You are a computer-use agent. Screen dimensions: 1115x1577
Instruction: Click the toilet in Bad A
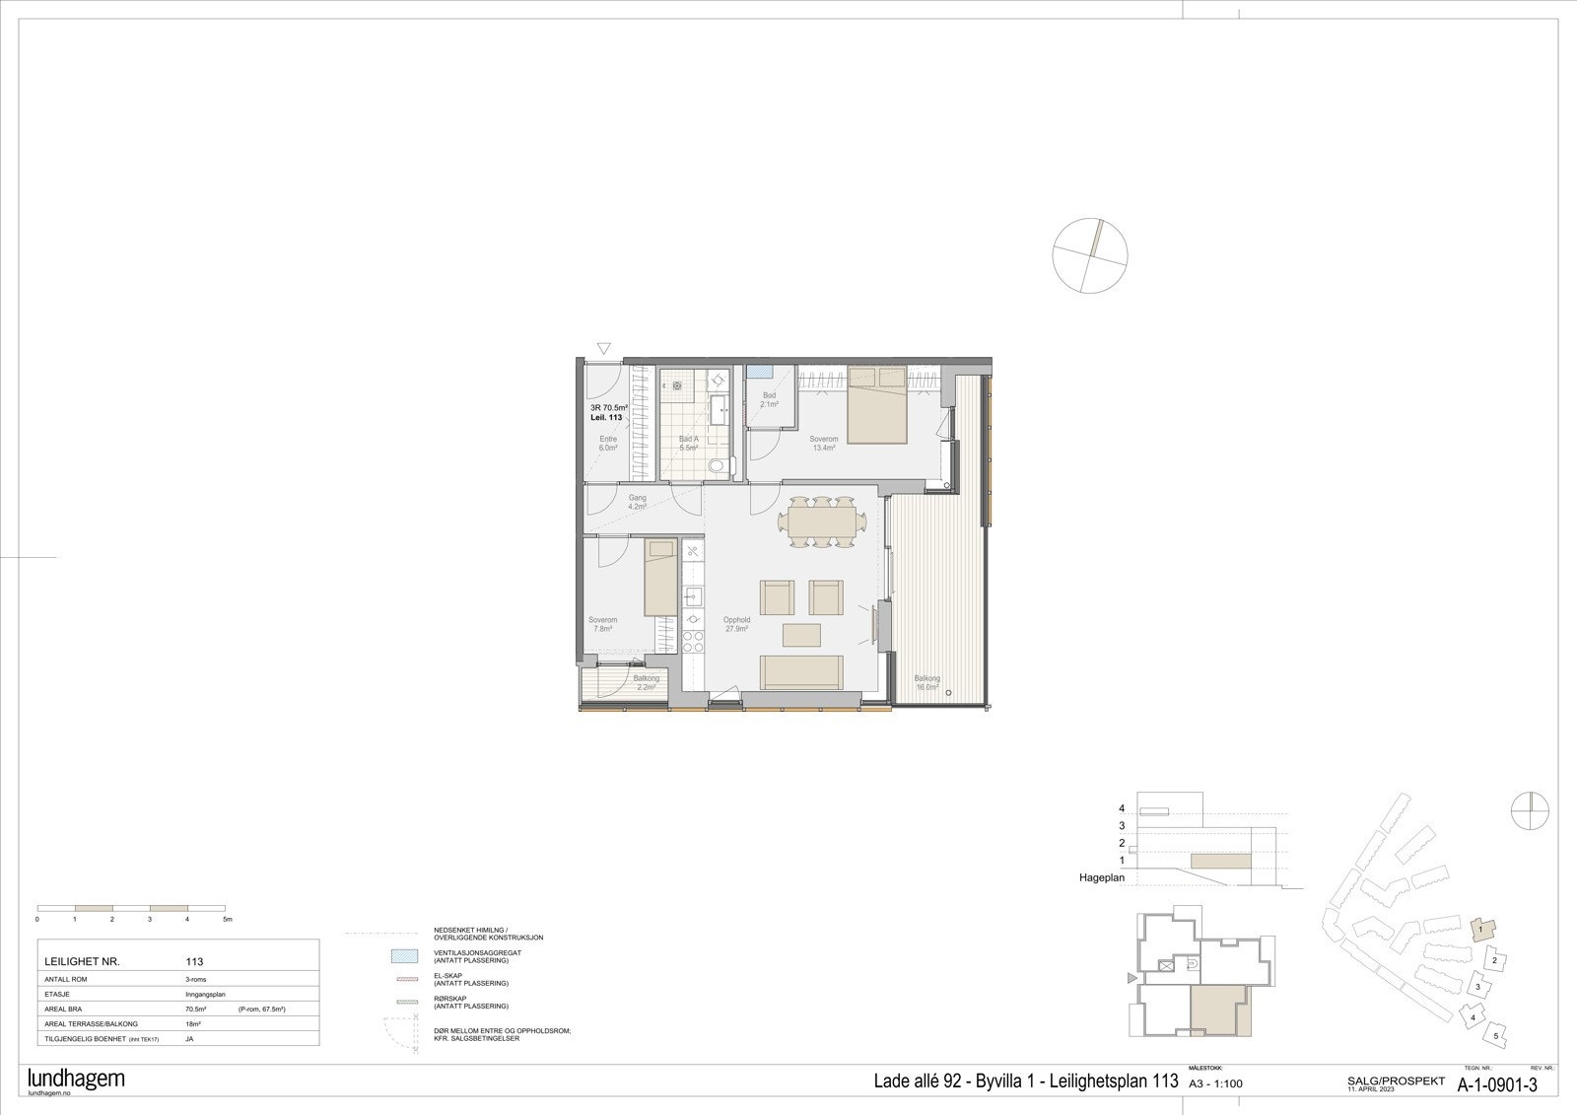coord(718,465)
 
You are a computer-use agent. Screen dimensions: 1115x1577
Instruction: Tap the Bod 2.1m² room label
coord(769,399)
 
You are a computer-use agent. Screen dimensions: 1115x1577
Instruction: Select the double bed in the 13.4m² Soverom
coord(877,406)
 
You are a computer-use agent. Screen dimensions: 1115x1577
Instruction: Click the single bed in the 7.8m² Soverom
coord(660,577)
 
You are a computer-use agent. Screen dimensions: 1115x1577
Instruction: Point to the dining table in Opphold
coord(821,522)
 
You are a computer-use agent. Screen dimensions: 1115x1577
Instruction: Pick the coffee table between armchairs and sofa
coord(802,633)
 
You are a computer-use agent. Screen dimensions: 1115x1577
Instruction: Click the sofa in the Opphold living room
coord(801,671)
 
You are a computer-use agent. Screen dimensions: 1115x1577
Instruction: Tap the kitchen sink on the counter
coord(693,594)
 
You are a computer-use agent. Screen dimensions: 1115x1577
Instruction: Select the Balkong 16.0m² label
coord(926,683)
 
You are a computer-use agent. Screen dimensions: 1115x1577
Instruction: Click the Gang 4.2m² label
coord(638,503)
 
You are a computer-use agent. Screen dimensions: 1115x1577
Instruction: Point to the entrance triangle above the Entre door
coord(604,348)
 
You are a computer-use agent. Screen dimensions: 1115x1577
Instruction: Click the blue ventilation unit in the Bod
coord(759,372)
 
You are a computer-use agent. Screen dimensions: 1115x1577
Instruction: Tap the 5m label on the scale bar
coord(227,919)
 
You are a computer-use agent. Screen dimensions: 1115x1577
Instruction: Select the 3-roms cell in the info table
coord(195,979)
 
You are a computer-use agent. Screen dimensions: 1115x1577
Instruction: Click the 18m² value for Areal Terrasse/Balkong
coord(192,1024)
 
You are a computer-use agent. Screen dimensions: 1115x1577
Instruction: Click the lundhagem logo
coord(77,1079)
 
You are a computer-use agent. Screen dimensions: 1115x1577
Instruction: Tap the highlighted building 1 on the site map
coord(1482,929)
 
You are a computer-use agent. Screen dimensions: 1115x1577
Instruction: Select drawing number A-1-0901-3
coord(1497,1085)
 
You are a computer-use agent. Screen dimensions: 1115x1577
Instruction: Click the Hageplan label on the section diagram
coord(1102,876)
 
